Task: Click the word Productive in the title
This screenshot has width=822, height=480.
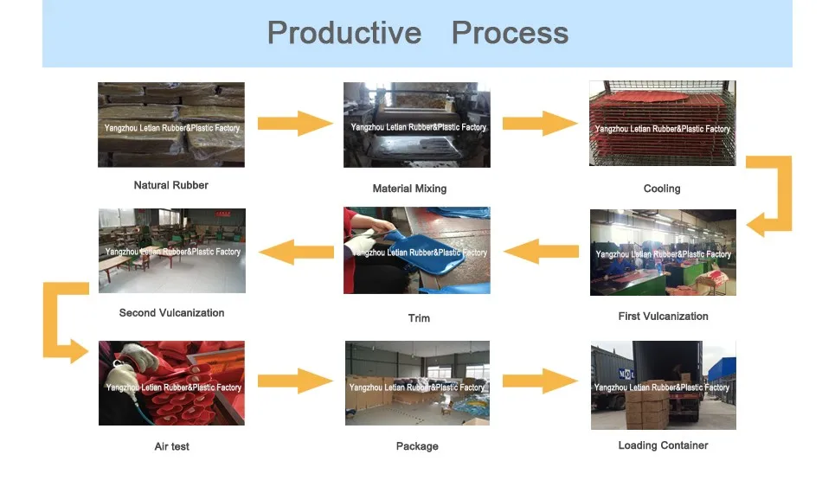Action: point(344,33)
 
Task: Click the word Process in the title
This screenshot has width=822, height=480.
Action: point(510,33)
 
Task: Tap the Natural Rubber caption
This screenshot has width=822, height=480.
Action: point(170,185)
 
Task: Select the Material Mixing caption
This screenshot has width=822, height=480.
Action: point(409,189)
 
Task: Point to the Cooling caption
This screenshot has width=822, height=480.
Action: point(662,189)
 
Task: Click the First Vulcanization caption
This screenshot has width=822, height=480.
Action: point(663,317)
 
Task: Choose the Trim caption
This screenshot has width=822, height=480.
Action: point(419,318)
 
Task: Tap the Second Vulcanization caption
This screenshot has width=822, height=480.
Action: point(171,313)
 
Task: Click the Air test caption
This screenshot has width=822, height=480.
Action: point(171,446)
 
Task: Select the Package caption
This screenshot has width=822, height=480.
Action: point(417,446)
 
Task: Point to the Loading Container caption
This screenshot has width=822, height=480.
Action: point(663,445)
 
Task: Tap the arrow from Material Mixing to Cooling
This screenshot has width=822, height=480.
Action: point(540,123)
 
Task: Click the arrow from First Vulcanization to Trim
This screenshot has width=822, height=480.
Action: point(541,252)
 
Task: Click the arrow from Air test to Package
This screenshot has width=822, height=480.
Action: point(295,381)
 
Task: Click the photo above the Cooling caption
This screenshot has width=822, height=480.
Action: point(662,124)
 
